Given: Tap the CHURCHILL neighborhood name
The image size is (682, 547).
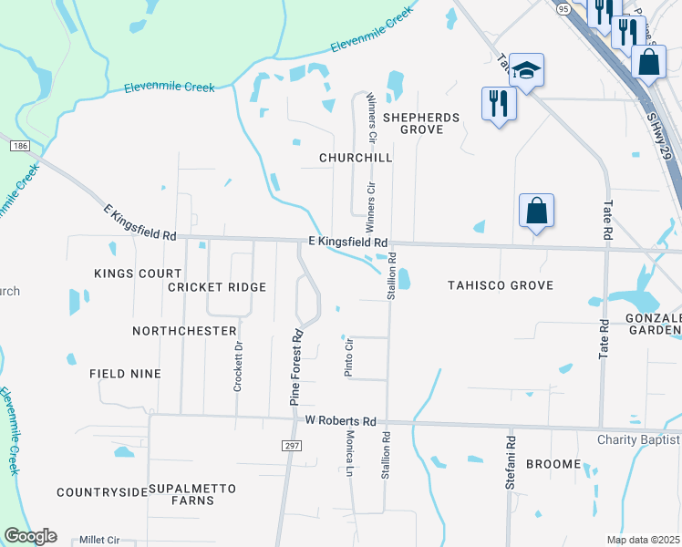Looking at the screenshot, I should [x=356, y=158].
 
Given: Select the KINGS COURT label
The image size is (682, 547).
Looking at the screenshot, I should [x=127, y=273].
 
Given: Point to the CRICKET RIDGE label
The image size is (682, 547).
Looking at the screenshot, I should [x=217, y=287].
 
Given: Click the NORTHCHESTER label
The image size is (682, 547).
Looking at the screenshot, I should [x=184, y=331].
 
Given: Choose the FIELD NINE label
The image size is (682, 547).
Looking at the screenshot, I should [x=125, y=374].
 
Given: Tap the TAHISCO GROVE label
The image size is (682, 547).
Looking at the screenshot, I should [x=501, y=285].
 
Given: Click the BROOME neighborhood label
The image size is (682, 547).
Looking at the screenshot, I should [x=553, y=464].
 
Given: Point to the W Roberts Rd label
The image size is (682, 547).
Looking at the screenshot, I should [x=341, y=421].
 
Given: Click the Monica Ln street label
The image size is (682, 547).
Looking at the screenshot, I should [x=350, y=453].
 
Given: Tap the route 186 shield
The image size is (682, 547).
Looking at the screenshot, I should [x=18, y=146].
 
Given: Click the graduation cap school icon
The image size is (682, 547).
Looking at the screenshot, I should [x=526, y=70].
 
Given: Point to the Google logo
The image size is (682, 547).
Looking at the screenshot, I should [x=30, y=536].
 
